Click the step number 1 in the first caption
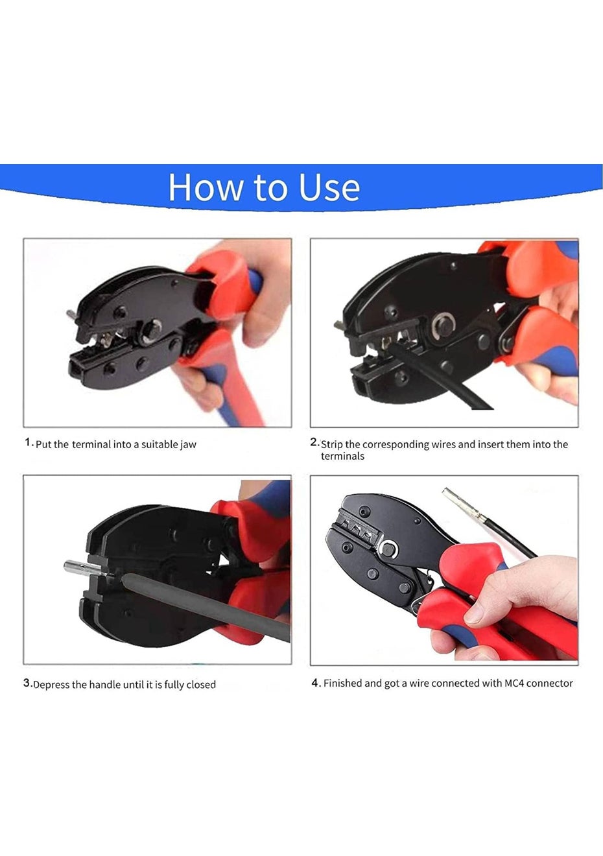[27, 442]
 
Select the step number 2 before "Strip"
[314, 442]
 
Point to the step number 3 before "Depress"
[27, 682]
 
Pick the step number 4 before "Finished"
[315, 682]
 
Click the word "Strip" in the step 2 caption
[332, 445]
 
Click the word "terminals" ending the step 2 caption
[342, 457]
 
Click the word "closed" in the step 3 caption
[202, 684]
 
